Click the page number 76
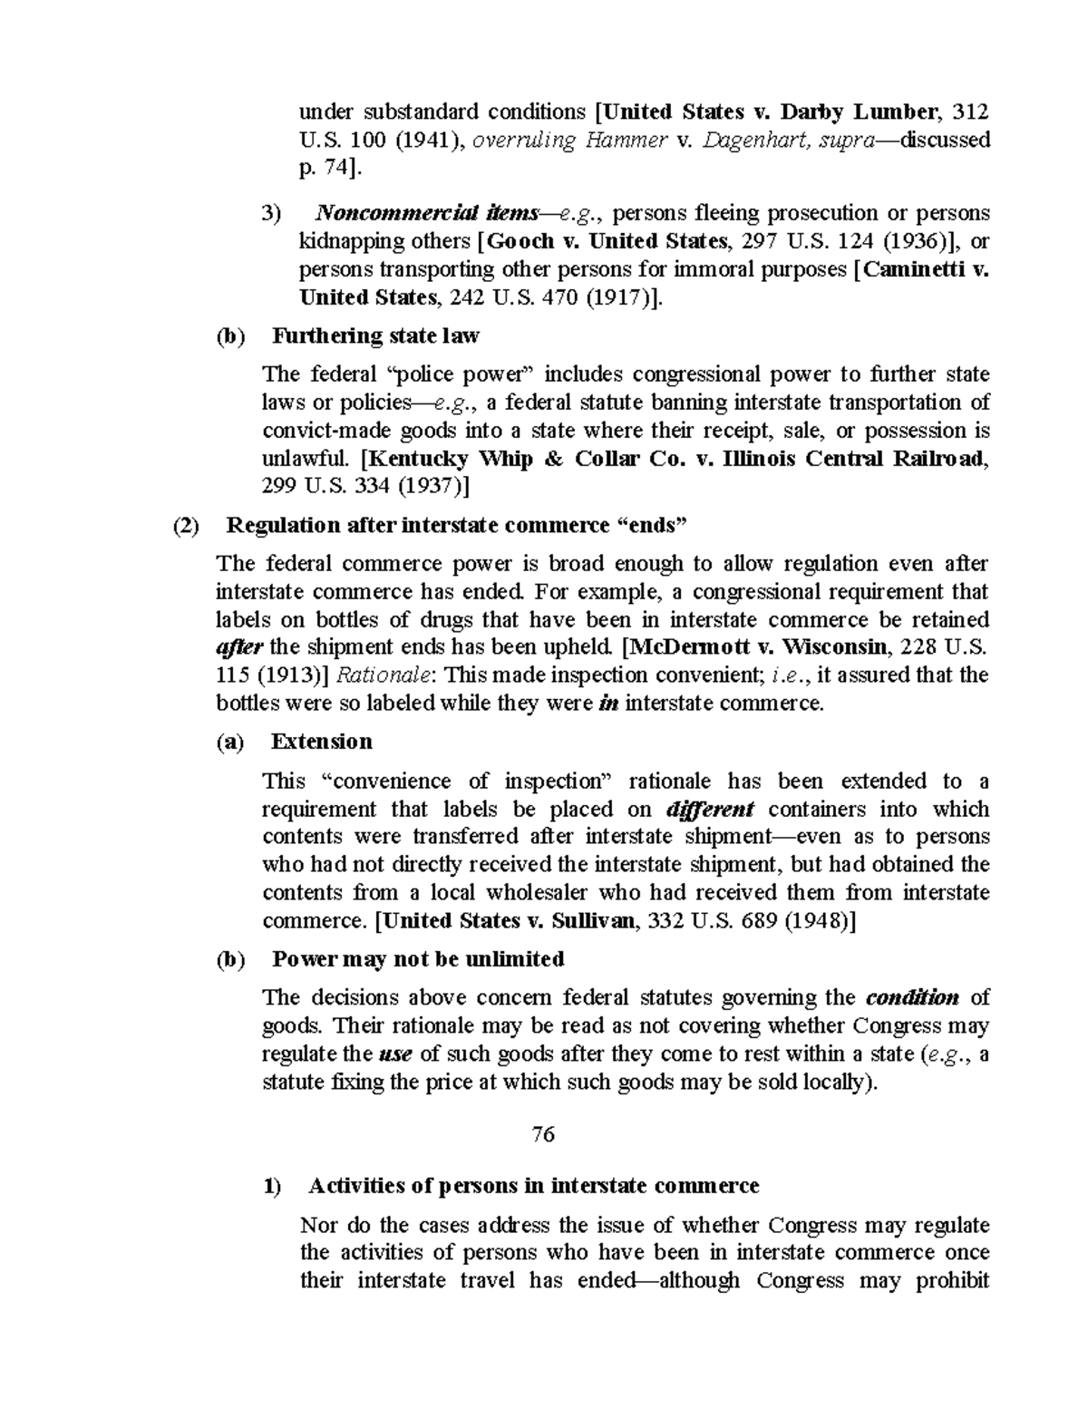[543, 1134]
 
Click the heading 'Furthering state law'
[375, 335]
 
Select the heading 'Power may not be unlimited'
[418, 958]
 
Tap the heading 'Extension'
[322, 741]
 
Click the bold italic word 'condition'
[912, 998]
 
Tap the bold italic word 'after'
[239, 647]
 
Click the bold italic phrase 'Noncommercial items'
[425, 213]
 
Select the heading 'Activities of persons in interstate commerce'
[533, 1185]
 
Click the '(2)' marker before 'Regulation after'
[187, 525]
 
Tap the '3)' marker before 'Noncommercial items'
[272, 214]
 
